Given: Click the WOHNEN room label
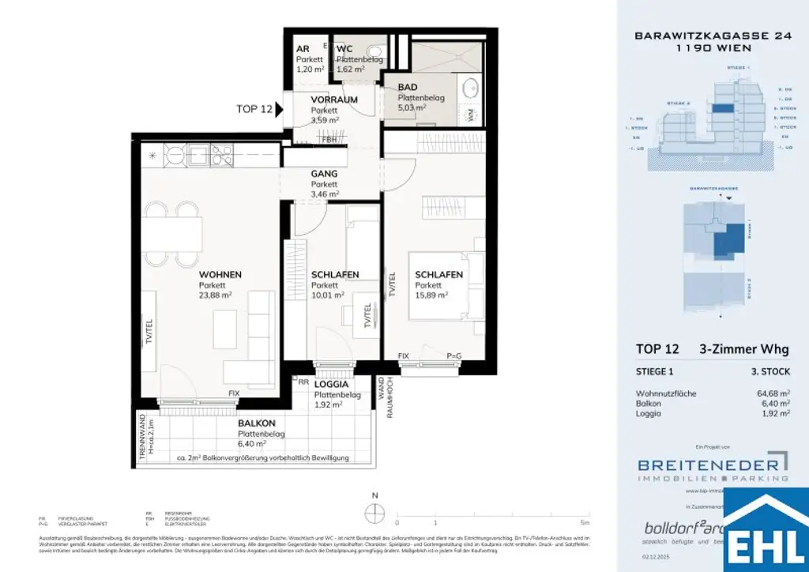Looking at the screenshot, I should pyautogui.click(x=220, y=274).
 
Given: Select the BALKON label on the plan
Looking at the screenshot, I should pyautogui.click(x=256, y=423).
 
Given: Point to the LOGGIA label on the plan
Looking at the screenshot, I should pyautogui.click(x=332, y=385).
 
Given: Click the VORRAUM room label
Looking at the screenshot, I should pyautogui.click(x=333, y=100).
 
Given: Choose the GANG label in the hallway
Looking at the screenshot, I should pyautogui.click(x=324, y=173).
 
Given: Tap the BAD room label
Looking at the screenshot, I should pyautogui.click(x=408, y=87).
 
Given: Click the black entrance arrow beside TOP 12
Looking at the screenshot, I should pyautogui.click(x=280, y=110).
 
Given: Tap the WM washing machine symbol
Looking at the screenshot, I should pyautogui.click(x=472, y=115).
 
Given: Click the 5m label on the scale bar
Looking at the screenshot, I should pyautogui.click(x=583, y=523).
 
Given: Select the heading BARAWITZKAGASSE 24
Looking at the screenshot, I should pyautogui.click(x=693, y=36).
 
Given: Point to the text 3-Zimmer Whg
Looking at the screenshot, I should pyautogui.click(x=743, y=349).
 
